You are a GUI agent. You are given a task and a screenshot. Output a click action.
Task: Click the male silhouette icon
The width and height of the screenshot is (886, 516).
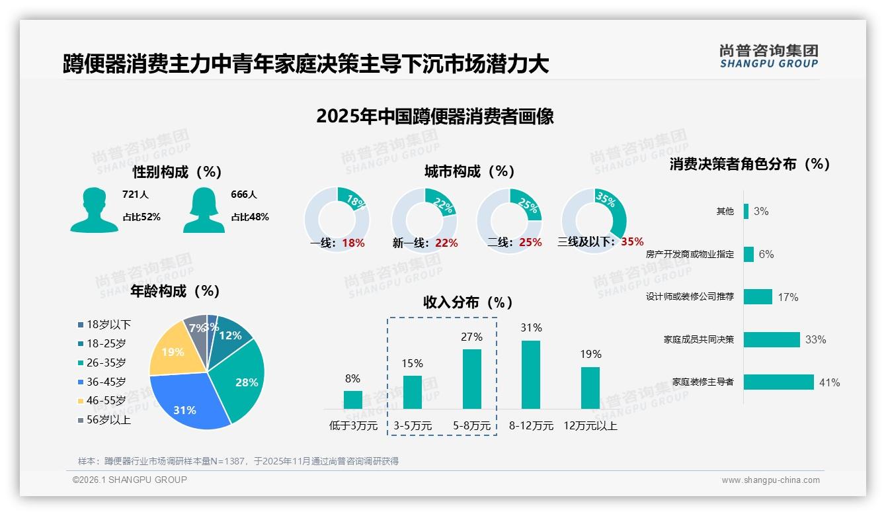coord(94,210)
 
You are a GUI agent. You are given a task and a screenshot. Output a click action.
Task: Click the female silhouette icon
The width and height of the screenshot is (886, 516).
coord(204,210)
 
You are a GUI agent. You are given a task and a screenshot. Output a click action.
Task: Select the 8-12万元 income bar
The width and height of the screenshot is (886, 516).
coord(531,374)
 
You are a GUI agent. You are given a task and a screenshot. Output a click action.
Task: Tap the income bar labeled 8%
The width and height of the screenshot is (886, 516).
coord(352,400)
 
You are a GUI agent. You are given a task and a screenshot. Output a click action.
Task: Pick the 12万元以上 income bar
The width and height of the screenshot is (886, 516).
coord(590,388)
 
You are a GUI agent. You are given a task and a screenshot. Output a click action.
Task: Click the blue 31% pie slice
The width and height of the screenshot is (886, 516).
coord(188,402)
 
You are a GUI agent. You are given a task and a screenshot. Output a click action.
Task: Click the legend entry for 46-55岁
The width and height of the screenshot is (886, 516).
coord(106,401)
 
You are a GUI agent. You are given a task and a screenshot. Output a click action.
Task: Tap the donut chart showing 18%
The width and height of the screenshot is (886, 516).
coord(337,218)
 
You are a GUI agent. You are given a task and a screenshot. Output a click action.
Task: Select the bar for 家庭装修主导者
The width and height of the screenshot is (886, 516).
coord(778,382)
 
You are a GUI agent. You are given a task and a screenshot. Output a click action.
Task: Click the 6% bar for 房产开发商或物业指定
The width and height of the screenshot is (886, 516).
coord(748,254)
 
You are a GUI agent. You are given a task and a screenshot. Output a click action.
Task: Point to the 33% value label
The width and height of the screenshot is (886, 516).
coord(815,339)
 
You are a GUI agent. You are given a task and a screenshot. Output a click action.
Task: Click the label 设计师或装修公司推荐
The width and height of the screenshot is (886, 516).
coord(690,297)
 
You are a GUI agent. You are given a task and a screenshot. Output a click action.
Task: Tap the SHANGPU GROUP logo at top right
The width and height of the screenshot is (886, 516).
coord(768,56)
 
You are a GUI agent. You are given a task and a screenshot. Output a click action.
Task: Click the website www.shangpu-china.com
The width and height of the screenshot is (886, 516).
coord(770,480)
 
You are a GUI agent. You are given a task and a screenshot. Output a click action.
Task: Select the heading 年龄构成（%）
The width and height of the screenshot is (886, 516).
coord(175,290)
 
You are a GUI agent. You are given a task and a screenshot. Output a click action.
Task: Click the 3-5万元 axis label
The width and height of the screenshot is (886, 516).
coord(413,426)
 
